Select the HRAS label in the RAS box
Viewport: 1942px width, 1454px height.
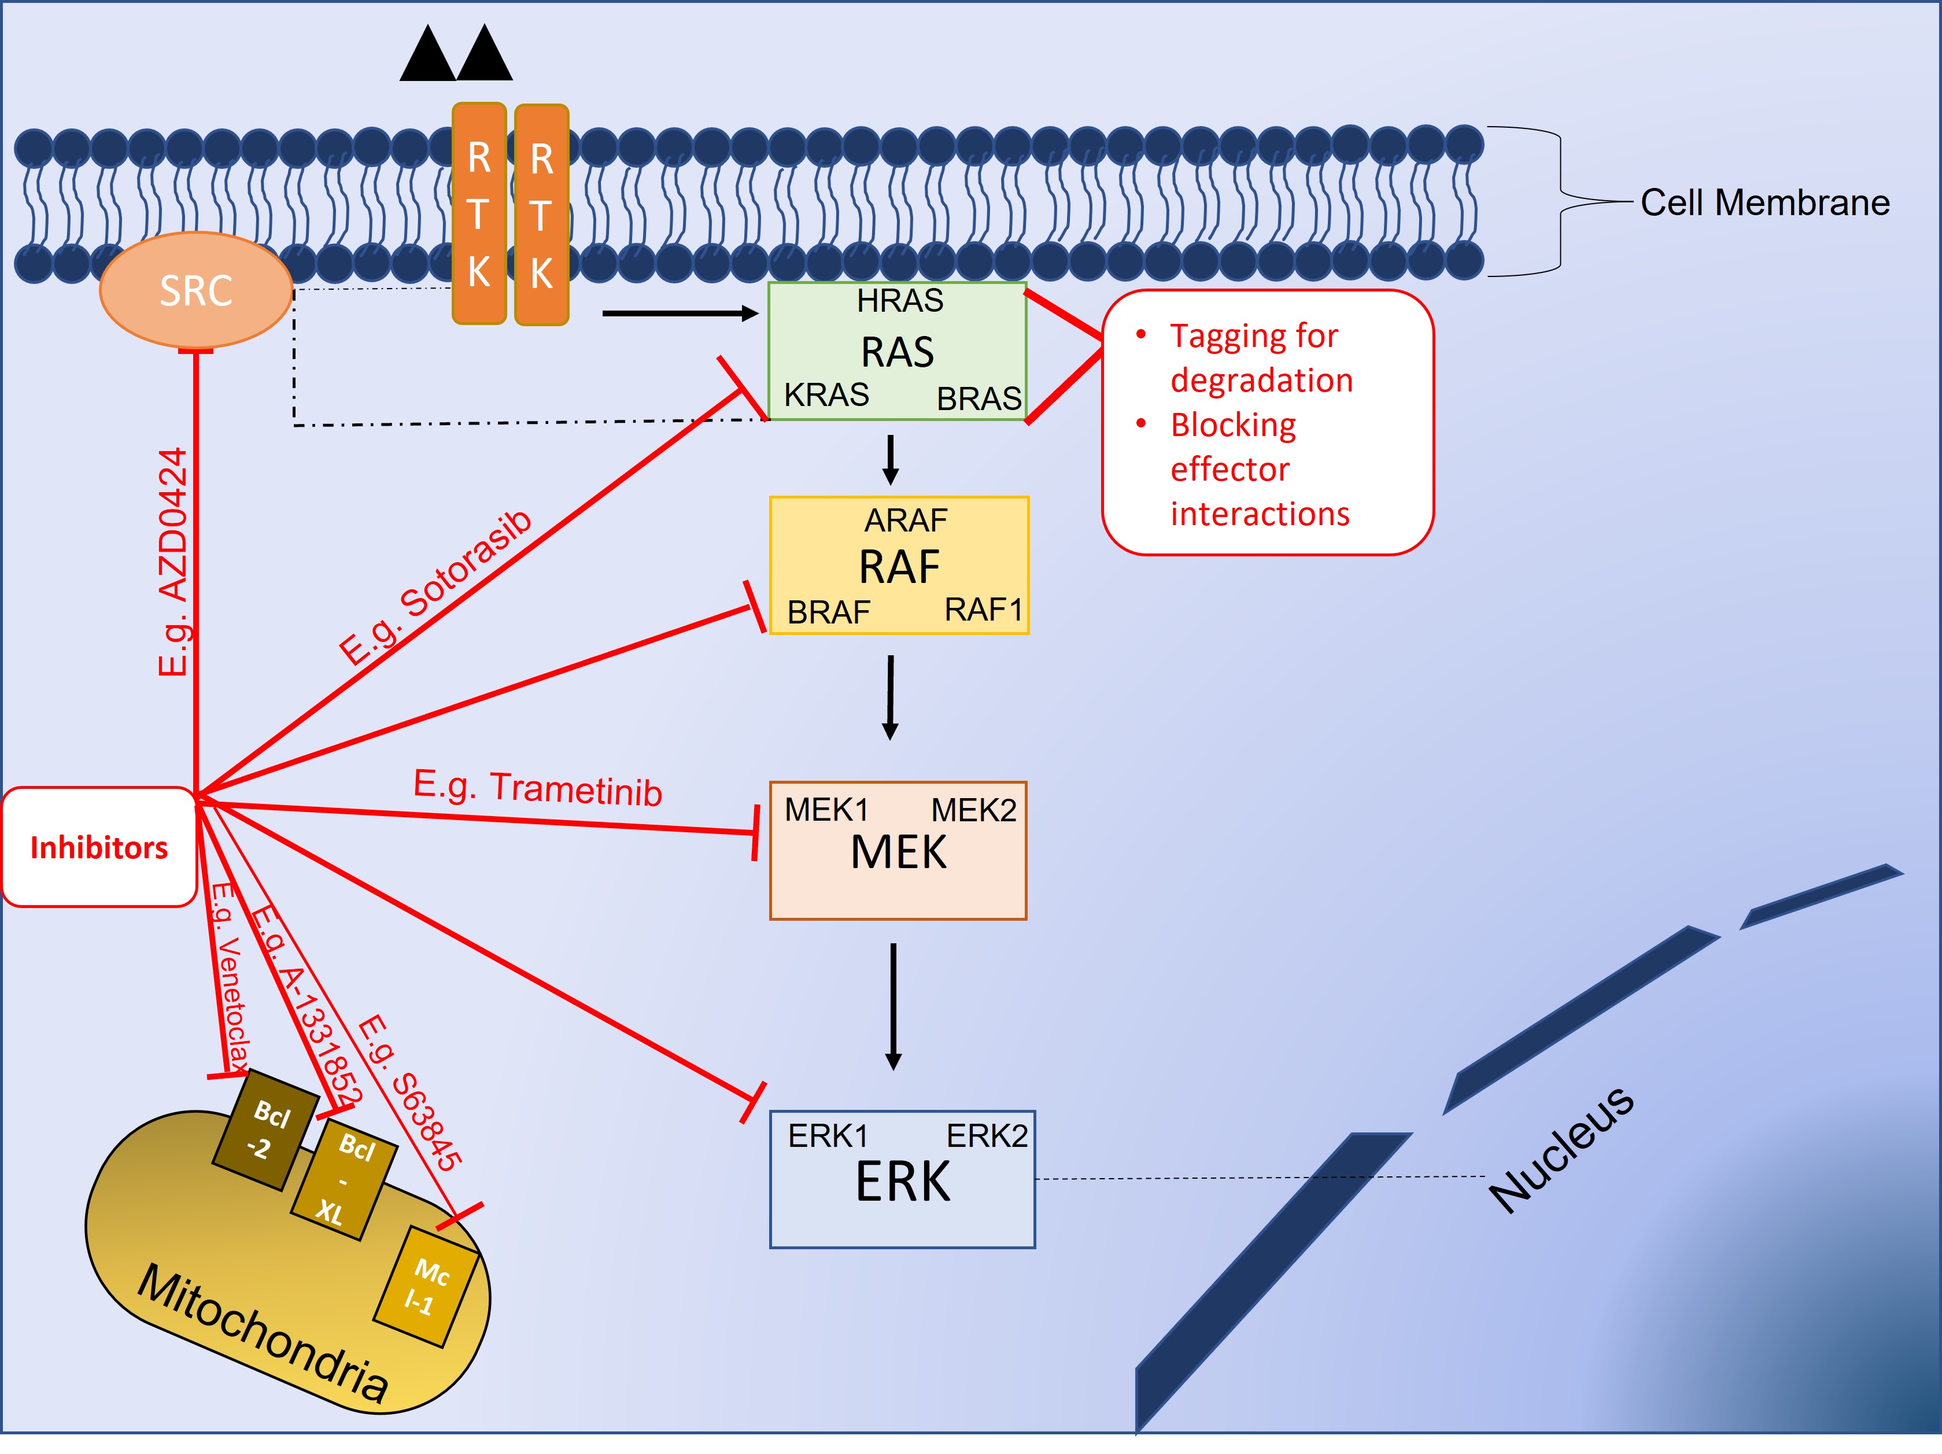tap(900, 301)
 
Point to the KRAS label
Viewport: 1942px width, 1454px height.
tap(826, 395)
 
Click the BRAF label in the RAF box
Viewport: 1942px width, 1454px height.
tap(828, 612)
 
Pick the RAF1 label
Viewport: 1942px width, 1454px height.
tap(983, 610)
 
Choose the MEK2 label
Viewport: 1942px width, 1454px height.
tap(973, 810)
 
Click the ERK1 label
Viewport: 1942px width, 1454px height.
tap(827, 1136)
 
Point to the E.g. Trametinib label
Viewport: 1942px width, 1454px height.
tap(537, 788)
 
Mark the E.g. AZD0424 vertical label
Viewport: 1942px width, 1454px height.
tap(173, 562)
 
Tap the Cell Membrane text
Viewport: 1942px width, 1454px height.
tap(1764, 203)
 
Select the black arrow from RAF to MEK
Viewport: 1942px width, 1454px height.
tap(890, 698)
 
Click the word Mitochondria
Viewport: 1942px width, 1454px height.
tap(263, 1333)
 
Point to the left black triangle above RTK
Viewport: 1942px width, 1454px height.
tap(427, 54)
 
